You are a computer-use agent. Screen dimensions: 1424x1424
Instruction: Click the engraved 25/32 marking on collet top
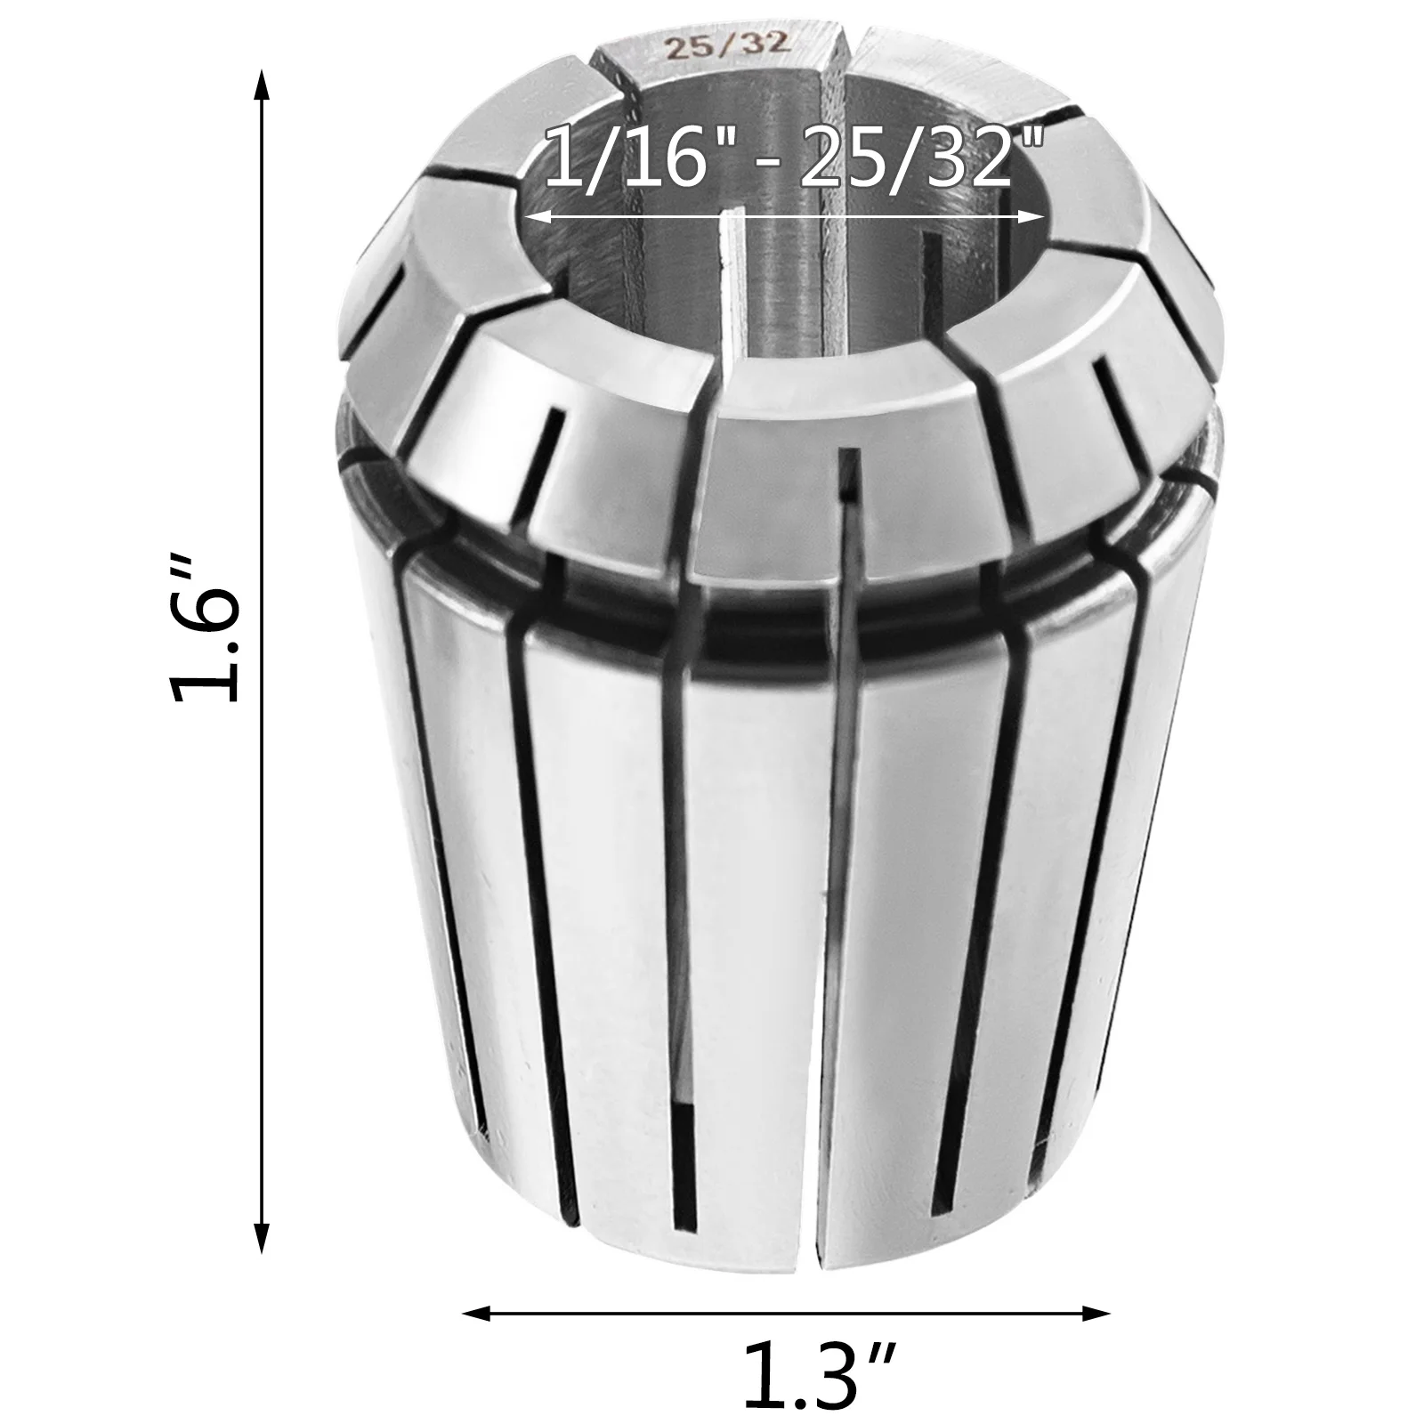(x=729, y=47)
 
